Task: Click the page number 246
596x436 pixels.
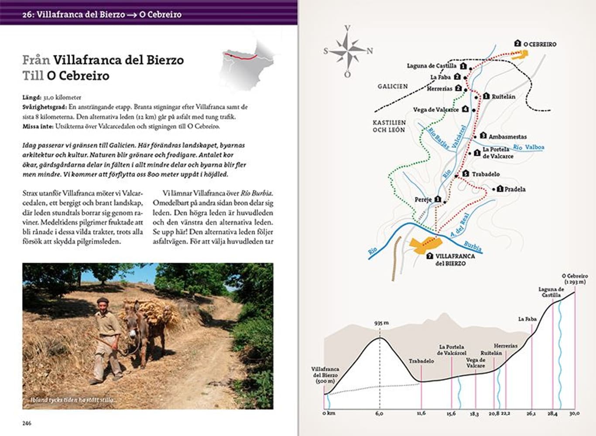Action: pos(27,423)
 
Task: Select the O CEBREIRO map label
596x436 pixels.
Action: pos(539,44)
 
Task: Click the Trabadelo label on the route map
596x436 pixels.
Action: pos(485,174)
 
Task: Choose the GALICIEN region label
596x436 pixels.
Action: pos(393,86)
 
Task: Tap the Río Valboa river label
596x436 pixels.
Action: pos(528,147)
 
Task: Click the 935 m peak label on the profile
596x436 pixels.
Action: pos(381,323)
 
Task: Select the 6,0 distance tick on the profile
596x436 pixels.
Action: pos(379,413)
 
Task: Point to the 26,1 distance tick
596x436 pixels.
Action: pos(531,413)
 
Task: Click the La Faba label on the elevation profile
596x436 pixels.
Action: pos(527,319)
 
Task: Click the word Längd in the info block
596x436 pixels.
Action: pos(32,98)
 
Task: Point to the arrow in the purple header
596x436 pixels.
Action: pos(132,14)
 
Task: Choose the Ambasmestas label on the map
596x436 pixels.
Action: pos(507,136)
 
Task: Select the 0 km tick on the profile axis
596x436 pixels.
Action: pos(329,413)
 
